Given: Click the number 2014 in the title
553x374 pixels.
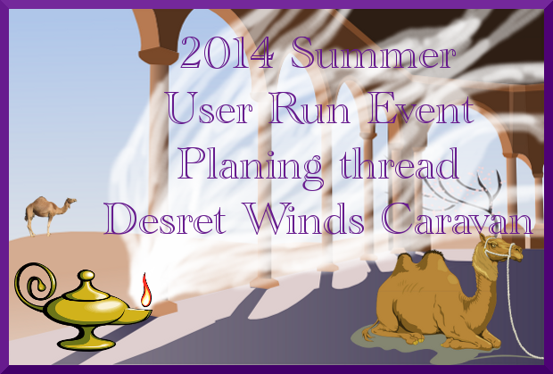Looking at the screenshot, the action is coord(227,53).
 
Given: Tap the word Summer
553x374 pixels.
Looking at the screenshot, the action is coord(373,53).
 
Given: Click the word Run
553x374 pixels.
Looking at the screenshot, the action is coord(309,108).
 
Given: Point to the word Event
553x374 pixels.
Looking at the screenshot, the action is coord(420,108).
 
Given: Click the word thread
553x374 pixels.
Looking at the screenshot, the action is coord(399,163).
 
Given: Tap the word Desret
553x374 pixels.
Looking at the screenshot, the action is coord(165,218).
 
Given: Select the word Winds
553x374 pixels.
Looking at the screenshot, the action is coord(304,218).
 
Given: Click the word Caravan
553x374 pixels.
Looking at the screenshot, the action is coord(457,218).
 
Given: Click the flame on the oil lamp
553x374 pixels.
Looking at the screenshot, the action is coord(145,290).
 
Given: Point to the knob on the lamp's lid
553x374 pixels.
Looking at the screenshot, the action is coord(86,275).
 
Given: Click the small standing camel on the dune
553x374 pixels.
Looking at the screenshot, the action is coord(49,215).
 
